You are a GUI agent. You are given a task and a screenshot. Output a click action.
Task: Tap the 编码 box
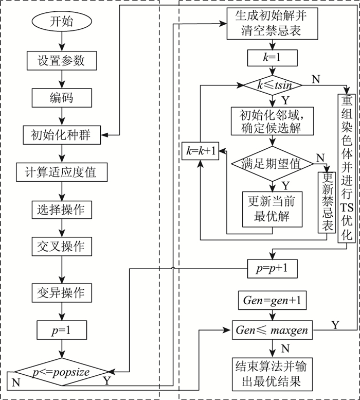click(61, 97)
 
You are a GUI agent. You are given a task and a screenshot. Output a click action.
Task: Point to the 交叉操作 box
click(61, 247)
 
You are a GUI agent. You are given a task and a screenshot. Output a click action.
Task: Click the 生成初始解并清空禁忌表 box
click(271, 24)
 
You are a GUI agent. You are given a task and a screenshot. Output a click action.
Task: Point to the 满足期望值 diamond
click(271, 164)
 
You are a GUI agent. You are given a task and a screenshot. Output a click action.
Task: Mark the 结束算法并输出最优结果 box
click(272, 374)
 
